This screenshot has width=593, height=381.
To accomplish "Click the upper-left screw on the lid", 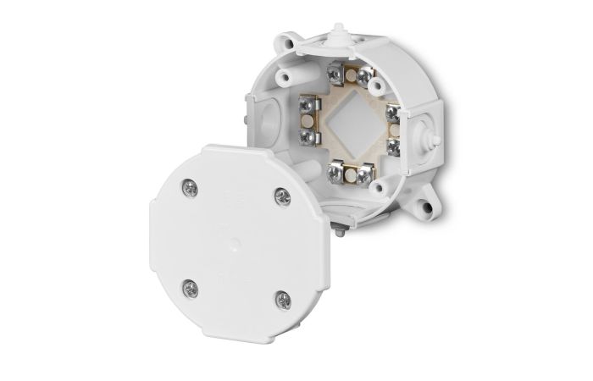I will tap(191, 188).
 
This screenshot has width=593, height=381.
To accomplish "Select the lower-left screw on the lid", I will tap(191, 288).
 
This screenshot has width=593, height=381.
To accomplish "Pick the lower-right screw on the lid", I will tap(283, 299).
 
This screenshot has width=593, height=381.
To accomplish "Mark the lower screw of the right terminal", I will tap(392, 146).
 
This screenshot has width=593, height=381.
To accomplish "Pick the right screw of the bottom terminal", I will tap(364, 176).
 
